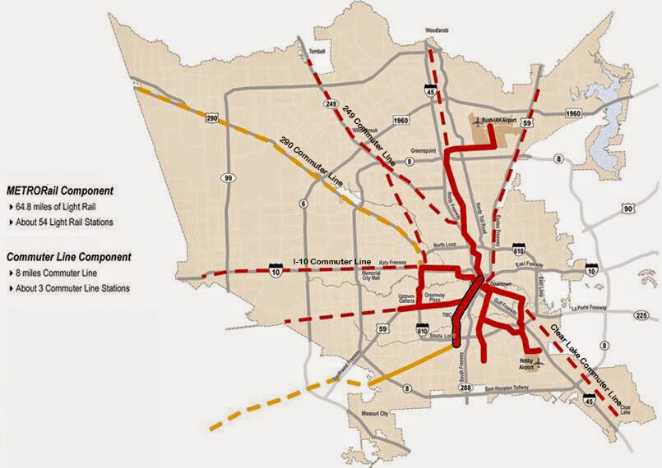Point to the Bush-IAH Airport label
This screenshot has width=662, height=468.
tap(504, 120)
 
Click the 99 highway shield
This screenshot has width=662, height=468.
tap(225, 177)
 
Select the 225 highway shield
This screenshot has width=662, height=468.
tap(641, 315)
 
